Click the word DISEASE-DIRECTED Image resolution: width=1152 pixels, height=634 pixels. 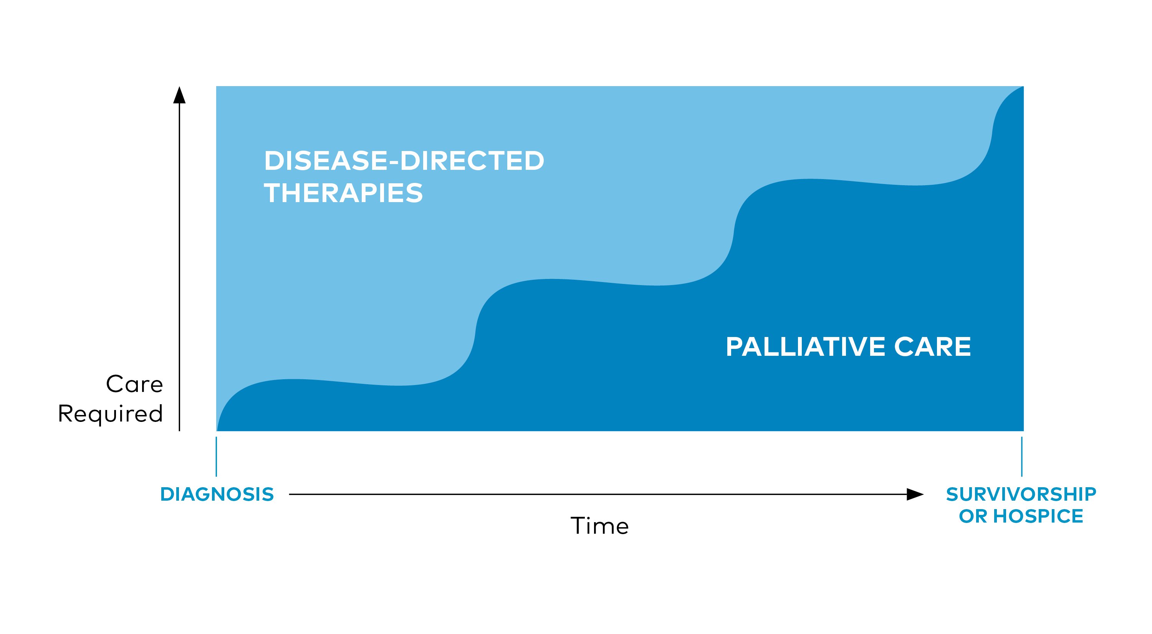click(404, 161)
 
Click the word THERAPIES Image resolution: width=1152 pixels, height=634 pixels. click(343, 193)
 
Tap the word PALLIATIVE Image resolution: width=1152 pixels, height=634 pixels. click(806, 347)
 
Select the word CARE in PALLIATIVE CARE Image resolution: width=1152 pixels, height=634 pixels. click(933, 347)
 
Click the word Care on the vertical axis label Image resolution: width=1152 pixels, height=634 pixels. click(134, 384)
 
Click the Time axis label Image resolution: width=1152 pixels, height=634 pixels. click(600, 526)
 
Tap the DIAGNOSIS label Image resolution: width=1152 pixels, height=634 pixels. click(217, 495)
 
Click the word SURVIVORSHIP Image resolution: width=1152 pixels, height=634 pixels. click(1021, 495)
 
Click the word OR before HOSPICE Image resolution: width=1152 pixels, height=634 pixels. click(973, 516)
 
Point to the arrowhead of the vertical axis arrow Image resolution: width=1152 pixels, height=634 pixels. click(179, 95)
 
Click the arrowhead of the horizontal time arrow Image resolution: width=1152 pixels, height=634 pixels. click(915, 495)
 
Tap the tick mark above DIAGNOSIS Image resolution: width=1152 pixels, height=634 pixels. click(217, 457)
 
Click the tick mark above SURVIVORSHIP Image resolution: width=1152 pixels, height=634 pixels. click(1021, 457)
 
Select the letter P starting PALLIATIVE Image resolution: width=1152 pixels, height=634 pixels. click(735, 347)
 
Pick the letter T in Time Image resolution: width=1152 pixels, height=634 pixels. click(578, 526)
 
